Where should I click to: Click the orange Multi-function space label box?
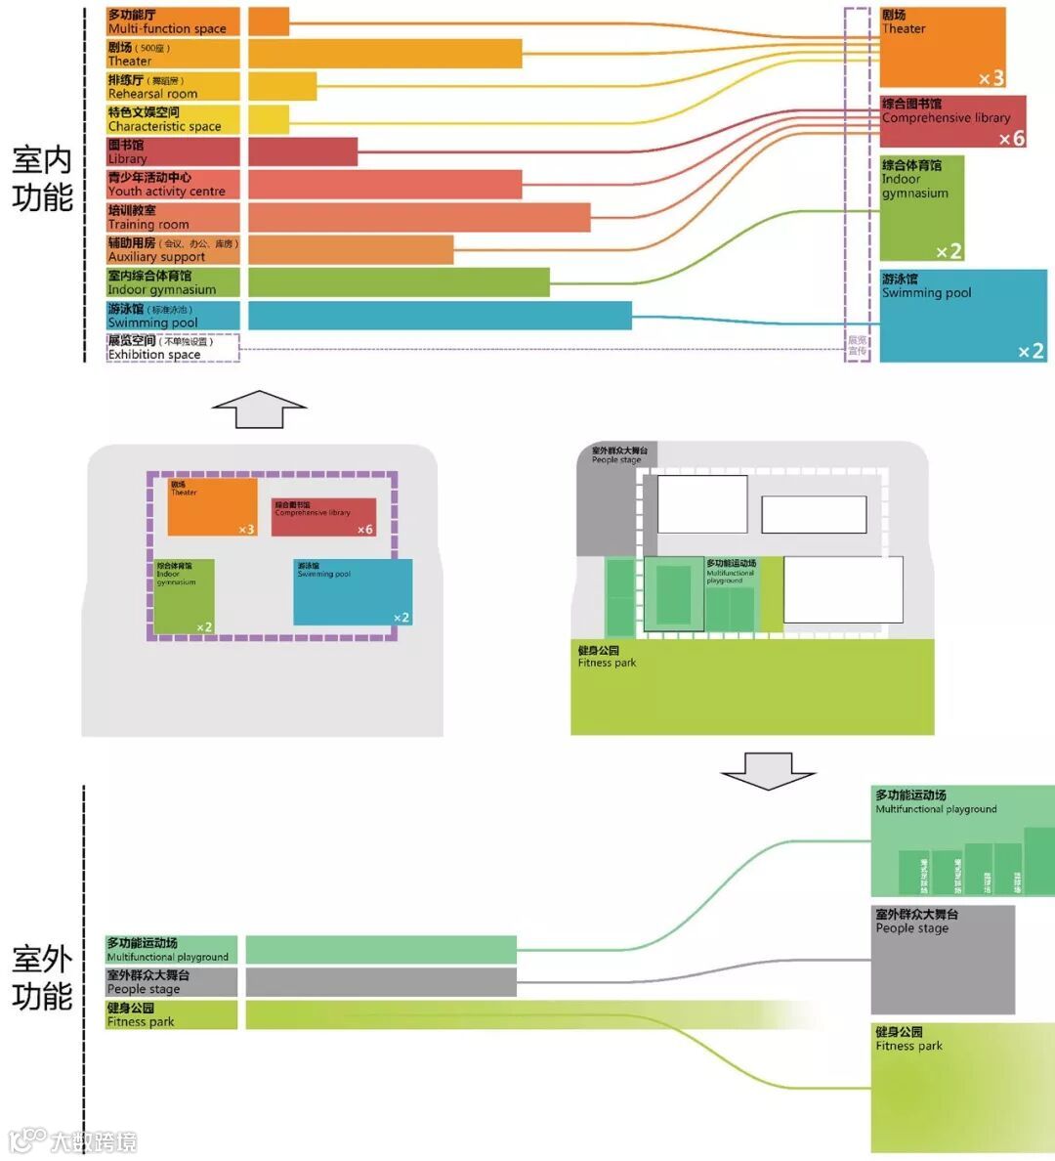[x=172, y=21]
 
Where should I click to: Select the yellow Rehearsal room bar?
[x=282, y=86]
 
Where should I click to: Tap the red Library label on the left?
[x=172, y=151]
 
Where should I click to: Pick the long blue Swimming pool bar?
[x=440, y=315]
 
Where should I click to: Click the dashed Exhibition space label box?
[x=172, y=348]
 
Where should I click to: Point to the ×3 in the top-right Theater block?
[x=991, y=78]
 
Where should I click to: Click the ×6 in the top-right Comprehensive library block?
[x=1011, y=139]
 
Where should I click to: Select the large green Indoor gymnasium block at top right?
[x=921, y=208]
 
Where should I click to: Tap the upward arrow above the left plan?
[x=259, y=408]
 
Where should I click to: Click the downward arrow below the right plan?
[x=768, y=770]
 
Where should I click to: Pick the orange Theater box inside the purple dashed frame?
[x=212, y=506]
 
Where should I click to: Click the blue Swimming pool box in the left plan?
[x=352, y=591]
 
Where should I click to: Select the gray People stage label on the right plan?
[x=618, y=455]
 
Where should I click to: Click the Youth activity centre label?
[x=172, y=184]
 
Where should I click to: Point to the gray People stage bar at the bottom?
[x=380, y=981]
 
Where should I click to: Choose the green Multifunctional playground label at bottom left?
[x=171, y=949]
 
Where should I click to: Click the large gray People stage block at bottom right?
[x=943, y=960]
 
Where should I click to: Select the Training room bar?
[x=419, y=217]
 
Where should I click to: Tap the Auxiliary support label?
[x=172, y=249]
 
